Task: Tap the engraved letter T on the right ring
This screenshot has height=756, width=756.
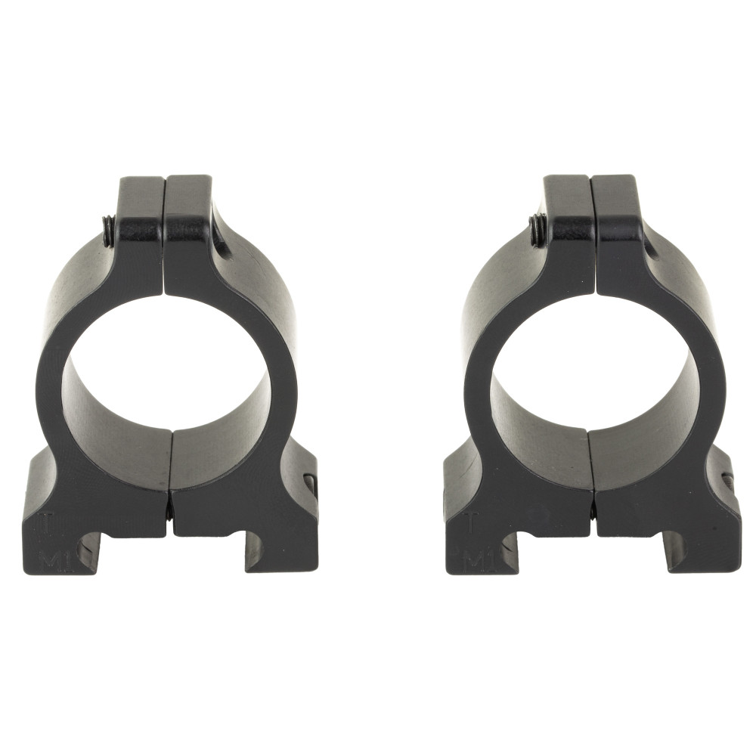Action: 472,521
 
